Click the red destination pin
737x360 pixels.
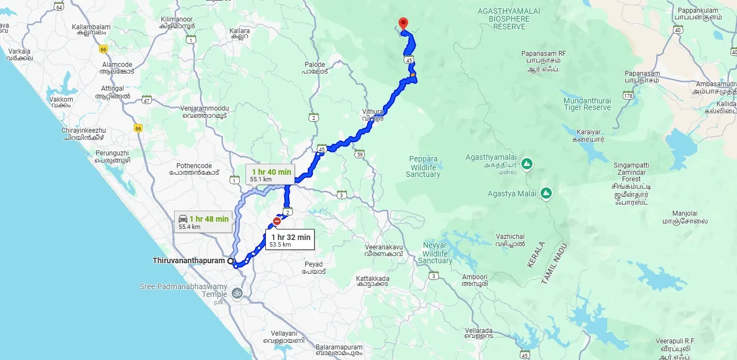403,23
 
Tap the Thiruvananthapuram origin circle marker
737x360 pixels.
231,260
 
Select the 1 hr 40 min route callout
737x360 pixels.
271,174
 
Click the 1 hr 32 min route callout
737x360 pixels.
290,239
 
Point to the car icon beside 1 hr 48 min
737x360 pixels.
183,219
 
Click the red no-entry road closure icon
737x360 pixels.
276,221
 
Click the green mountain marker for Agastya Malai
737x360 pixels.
546,193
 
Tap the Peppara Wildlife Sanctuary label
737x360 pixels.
423,166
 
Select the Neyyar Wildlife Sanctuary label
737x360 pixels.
435,253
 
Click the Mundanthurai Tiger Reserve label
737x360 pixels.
587,104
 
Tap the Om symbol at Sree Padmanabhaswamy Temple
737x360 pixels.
237,291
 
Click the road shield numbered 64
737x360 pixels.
59,6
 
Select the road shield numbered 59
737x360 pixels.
360,154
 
